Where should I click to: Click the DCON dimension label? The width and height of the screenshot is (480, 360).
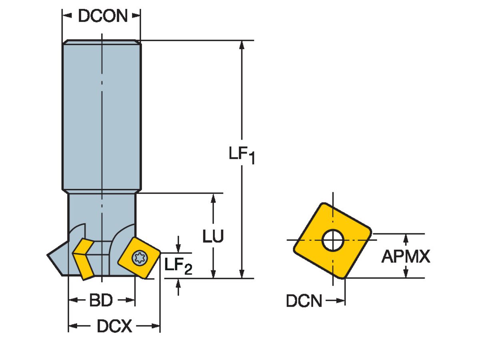click(x=102, y=16)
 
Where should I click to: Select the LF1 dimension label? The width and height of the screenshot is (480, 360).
click(x=241, y=155)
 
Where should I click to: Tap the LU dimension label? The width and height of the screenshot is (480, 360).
click(x=213, y=236)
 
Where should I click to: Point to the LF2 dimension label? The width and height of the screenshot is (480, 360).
click(x=178, y=266)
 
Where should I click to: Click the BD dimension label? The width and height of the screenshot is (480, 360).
click(x=100, y=300)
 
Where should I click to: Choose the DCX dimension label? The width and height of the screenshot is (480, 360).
click(x=114, y=327)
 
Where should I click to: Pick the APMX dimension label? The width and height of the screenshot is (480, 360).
click(x=406, y=256)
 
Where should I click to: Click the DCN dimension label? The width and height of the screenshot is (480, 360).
click(x=304, y=301)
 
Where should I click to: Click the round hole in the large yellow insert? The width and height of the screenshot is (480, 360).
click(x=333, y=240)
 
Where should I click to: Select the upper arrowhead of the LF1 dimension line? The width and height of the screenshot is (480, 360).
click(x=242, y=45)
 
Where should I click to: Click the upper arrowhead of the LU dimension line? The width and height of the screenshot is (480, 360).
click(x=213, y=198)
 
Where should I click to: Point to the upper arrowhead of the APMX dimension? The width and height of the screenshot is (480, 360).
click(x=406, y=238)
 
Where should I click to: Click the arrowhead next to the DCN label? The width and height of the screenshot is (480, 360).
click(x=341, y=301)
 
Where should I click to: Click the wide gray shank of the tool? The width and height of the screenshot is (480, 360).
click(x=102, y=116)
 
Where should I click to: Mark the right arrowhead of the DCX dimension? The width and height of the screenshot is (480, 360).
click(x=156, y=327)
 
